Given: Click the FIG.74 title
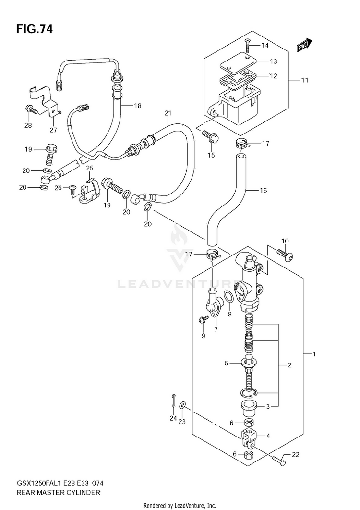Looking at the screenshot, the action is (x=34, y=29).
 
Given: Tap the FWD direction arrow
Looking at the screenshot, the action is (x=304, y=46).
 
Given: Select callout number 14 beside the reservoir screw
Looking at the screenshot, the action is (x=265, y=45).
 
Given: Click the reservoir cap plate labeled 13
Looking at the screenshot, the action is (x=238, y=62).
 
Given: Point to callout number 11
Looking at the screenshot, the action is (x=304, y=80).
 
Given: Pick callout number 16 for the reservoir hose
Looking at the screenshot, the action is (x=263, y=190).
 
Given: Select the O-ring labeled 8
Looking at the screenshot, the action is (x=228, y=297).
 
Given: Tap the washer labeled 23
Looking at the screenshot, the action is (x=183, y=405).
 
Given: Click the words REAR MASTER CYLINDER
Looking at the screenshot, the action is (x=58, y=492).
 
